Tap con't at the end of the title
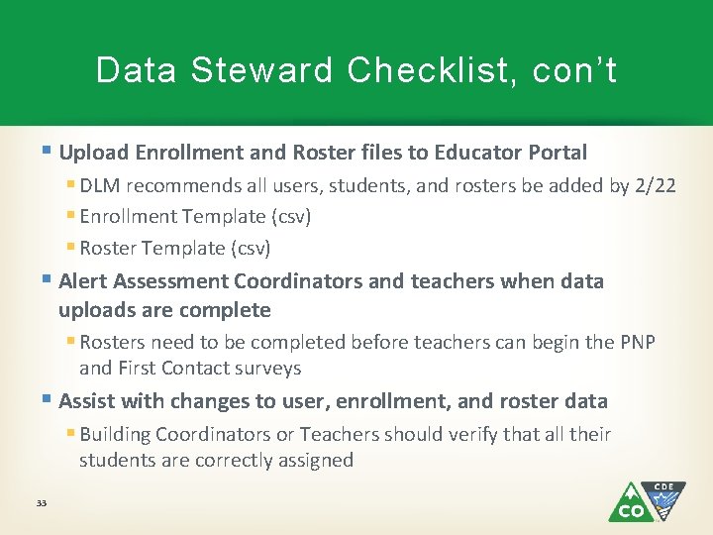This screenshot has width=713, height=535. point(574,71)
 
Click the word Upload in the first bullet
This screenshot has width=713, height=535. point(93,153)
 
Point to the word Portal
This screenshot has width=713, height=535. point(556,153)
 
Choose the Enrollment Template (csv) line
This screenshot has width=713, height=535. point(195,216)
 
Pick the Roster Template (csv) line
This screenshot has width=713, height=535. point(175,248)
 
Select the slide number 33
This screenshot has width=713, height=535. point(41,503)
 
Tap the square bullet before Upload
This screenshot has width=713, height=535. point(49,152)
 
